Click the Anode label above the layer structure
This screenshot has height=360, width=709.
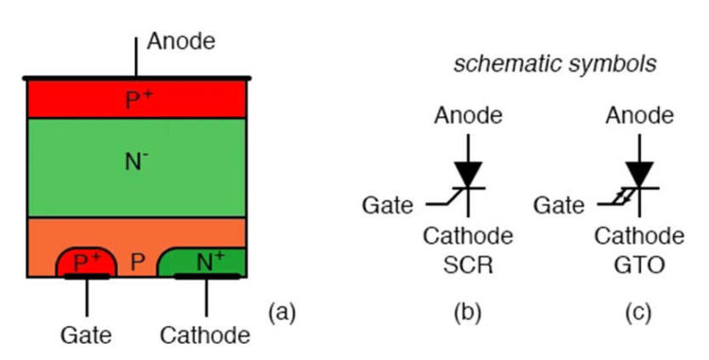[182, 42]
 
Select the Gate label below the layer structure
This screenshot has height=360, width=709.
[87, 334]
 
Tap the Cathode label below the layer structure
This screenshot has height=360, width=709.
[205, 334]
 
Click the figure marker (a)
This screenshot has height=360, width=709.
[283, 312]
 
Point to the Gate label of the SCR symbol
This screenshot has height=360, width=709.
[386, 204]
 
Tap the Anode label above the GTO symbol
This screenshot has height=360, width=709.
[640, 116]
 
